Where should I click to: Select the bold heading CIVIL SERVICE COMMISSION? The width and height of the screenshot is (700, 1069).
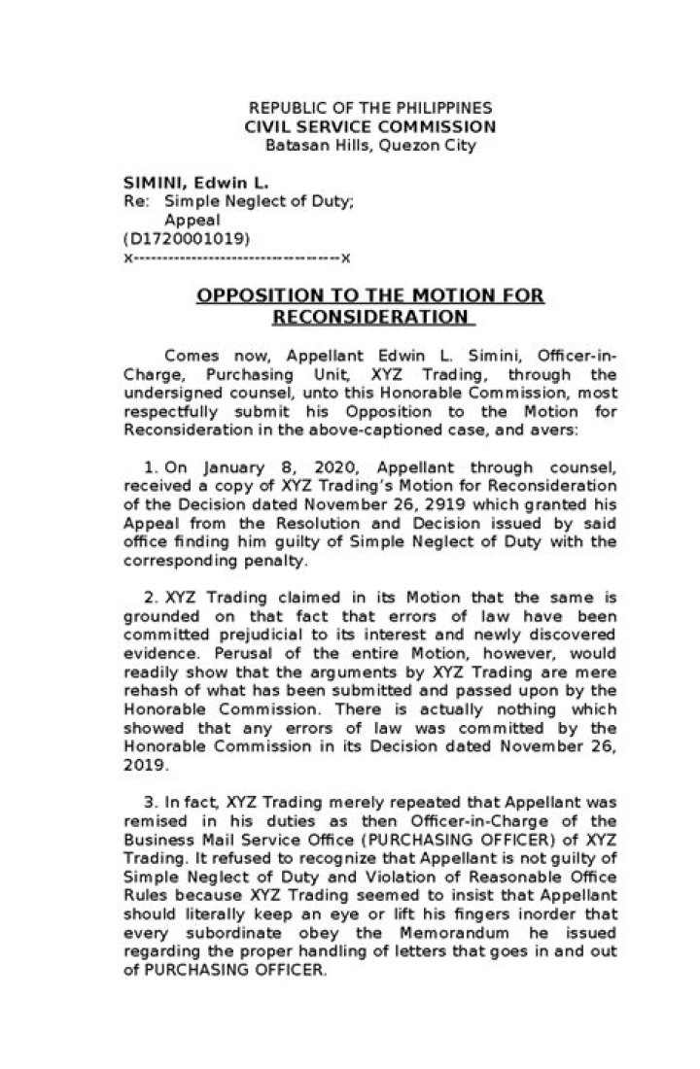tap(369, 127)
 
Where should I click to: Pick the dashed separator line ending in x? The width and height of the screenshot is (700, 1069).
tap(237, 257)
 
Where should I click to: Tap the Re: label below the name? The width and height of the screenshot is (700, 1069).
tap(135, 201)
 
